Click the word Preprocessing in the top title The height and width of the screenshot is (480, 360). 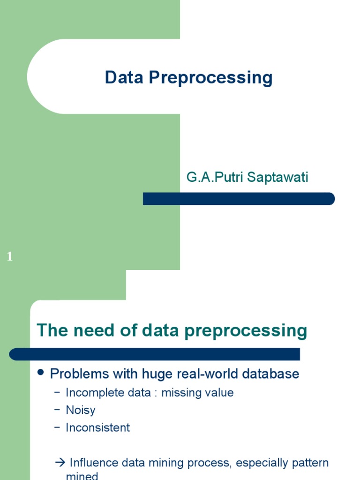tap(210, 78)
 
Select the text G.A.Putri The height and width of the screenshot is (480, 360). tap(208, 178)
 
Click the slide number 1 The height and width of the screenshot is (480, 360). tap(10, 256)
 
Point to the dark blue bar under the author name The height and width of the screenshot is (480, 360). tap(239, 199)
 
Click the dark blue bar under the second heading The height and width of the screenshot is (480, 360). tap(154, 354)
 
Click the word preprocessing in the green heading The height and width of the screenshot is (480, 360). tap(246, 331)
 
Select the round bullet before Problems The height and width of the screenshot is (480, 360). tap(40, 373)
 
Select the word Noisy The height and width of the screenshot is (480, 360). tap(81, 410)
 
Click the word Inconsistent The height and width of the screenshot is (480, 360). tap(97, 427)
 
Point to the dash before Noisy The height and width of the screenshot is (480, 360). tap(57, 410)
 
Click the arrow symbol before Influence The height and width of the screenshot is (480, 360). tap(60, 463)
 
